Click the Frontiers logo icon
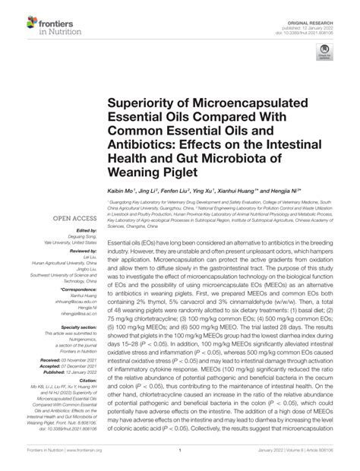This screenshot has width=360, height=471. point(16,23)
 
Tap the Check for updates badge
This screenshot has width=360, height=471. point(326,54)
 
